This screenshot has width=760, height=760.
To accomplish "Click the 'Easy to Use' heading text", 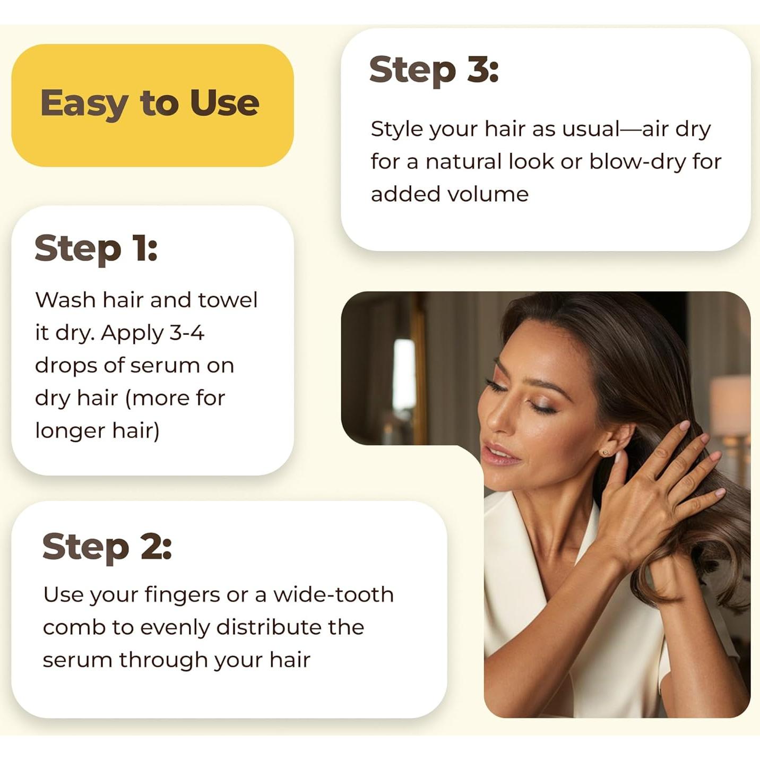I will point(150,103).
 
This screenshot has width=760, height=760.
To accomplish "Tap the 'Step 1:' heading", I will point(96,248).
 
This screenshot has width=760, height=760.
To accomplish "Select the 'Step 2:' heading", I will point(107,547).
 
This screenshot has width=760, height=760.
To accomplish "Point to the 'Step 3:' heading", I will point(434,70).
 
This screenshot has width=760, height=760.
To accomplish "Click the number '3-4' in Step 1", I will point(187,333).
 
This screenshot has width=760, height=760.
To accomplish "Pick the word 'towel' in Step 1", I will point(228,300).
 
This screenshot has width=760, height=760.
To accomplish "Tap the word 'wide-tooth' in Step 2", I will point(333,595).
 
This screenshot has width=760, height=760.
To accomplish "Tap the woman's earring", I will point(604,452).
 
